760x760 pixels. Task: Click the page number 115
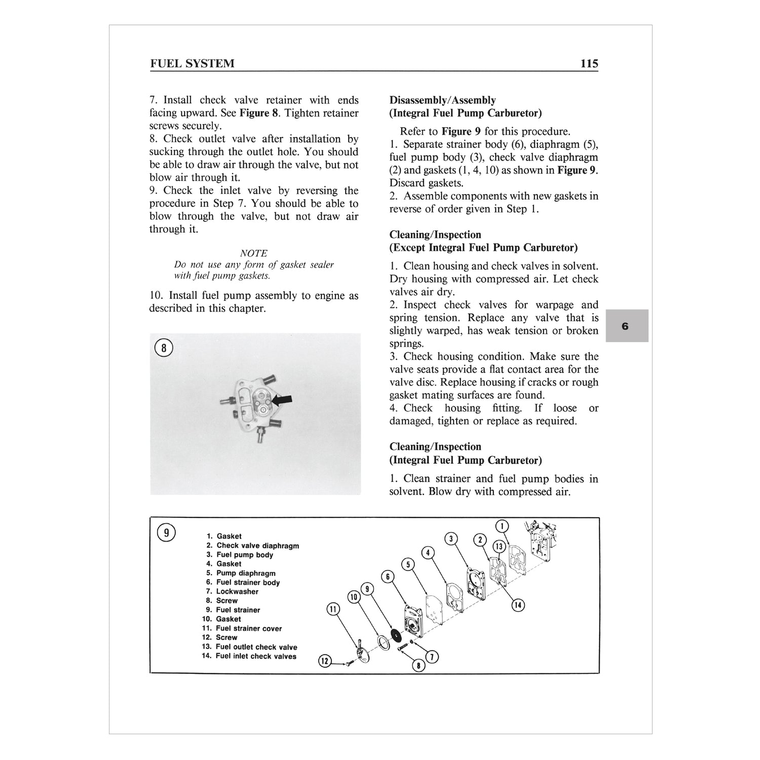coord(589,64)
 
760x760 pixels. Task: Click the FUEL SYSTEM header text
coord(192,64)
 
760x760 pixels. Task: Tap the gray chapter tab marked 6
coord(626,326)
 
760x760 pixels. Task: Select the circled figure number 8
coord(164,348)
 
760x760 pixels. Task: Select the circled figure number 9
coord(166,533)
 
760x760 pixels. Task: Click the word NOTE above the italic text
coord(253,253)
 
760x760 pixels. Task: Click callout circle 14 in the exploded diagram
coord(518,604)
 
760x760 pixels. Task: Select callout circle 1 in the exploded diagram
coord(502,526)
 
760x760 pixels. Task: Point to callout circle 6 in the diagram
coord(388,577)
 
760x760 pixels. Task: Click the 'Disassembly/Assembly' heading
coord(442,100)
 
